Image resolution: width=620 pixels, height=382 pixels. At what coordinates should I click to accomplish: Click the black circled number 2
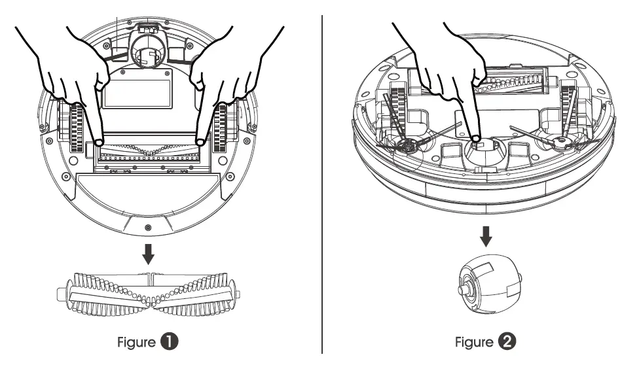(x=506, y=342)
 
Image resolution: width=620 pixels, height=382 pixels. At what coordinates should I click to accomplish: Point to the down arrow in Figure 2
(x=486, y=235)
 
